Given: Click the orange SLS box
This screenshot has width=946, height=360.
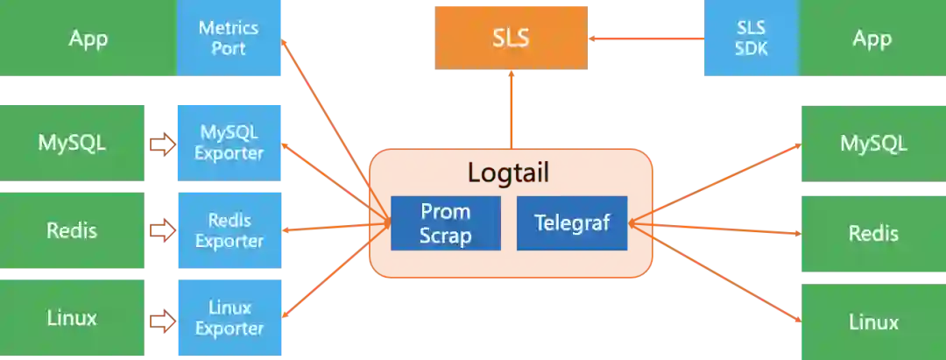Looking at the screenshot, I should (x=510, y=39).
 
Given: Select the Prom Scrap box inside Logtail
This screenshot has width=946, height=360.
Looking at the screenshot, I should (x=445, y=223).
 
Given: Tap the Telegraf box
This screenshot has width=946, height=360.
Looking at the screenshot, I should (x=572, y=223).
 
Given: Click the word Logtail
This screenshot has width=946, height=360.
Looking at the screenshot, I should (x=508, y=173).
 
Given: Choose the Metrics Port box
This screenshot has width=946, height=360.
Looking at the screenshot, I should (x=229, y=38).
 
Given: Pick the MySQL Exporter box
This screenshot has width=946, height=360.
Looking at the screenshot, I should (x=229, y=143).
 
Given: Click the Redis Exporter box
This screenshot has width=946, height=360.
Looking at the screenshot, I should (x=229, y=230).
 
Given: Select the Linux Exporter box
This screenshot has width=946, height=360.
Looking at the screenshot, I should (x=229, y=318).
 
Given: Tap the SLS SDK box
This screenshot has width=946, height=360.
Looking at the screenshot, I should (x=751, y=39).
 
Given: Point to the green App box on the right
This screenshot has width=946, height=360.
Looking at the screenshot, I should (x=872, y=39).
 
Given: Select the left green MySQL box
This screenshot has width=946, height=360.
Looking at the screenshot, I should (x=72, y=142).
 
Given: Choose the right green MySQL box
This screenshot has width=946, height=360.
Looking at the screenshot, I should (x=872, y=143).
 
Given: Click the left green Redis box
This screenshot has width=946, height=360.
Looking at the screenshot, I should (x=72, y=230).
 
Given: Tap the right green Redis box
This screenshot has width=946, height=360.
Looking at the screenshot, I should (x=872, y=233).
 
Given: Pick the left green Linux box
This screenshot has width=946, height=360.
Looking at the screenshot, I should (x=72, y=317).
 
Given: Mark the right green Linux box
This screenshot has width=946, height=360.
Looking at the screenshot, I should (x=872, y=321).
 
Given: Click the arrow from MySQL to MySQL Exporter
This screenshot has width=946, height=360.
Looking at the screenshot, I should (x=161, y=144).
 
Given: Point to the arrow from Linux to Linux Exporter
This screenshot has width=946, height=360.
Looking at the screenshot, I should (x=161, y=319).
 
